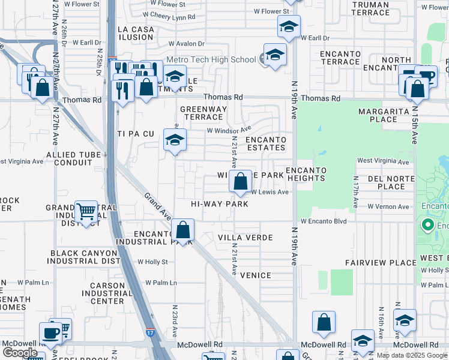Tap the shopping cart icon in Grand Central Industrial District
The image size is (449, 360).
tap(86, 211)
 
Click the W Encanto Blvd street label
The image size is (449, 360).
tap(324, 221)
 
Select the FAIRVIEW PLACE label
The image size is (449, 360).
tap(381, 263)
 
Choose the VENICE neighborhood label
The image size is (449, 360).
tap(255, 275)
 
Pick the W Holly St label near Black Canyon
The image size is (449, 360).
tap(152, 262)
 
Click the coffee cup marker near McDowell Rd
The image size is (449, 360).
tap(50, 333)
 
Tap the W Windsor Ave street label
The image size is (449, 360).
tap(229, 130)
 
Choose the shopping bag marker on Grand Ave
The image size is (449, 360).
tap(182, 229)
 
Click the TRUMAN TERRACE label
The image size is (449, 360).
tap(370, 8)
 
